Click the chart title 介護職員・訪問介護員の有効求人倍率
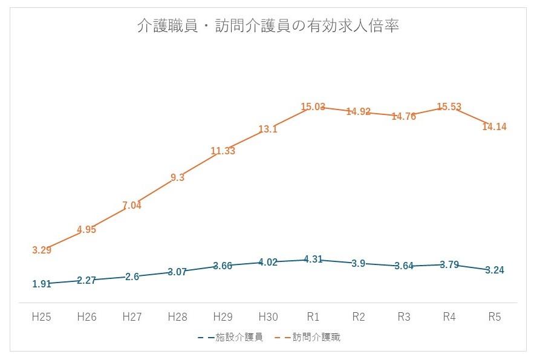(x=268, y=27)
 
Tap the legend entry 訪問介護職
(x=316, y=337)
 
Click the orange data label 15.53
(x=449, y=107)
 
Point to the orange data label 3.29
(x=42, y=249)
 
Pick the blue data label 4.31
(x=313, y=259)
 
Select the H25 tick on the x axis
(x=42, y=316)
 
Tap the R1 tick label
(x=313, y=316)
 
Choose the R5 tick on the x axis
(x=494, y=316)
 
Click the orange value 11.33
(x=223, y=151)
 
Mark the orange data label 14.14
(x=494, y=126)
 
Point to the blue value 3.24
(x=494, y=270)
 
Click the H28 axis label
(x=177, y=316)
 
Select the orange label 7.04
(x=132, y=206)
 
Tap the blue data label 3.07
(x=177, y=272)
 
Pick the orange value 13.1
(x=268, y=129)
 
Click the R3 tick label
(x=403, y=316)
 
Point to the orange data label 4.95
(x=86, y=229)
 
